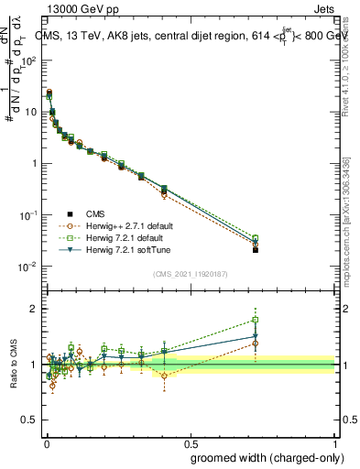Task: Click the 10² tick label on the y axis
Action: click(27, 60)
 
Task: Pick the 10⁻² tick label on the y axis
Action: click(27, 267)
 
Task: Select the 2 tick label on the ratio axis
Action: click(32, 309)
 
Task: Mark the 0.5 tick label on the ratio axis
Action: click(28, 421)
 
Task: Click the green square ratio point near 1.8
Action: click(256, 320)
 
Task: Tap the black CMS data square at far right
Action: click(256, 249)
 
